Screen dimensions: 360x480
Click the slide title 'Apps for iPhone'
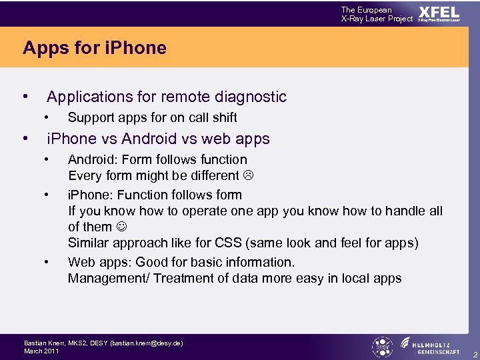pyautogui.click(x=94, y=48)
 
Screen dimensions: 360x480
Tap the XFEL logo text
pyautogui.click(x=439, y=13)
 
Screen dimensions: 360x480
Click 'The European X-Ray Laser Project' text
pyautogui.click(x=377, y=14)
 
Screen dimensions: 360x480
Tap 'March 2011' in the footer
pyautogui.click(x=41, y=351)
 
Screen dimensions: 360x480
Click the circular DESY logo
pyautogui.click(x=382, y=347)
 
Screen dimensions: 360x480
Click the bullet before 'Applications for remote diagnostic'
pyautogui.click(x=25, y=97)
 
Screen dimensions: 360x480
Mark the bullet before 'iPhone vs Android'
pyautogui.click(x=25, y=139)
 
